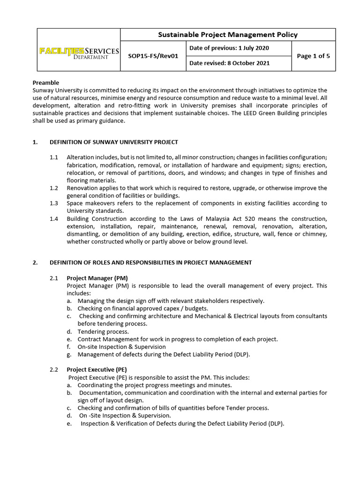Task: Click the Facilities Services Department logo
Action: (79, 53)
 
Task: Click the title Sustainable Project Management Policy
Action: (228, 35)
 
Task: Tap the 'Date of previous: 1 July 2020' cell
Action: (229, 48)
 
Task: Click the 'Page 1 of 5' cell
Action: (313, 56)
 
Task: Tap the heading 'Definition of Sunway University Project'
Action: (122, 142)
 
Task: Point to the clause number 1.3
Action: (54, 203)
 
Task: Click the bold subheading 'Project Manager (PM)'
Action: (97, 278)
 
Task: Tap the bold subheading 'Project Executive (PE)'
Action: (97, 369)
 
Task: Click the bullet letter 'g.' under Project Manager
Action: (69, 354)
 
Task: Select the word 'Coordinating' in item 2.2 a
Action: (96, 385)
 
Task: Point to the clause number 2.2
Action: (54, 369)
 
